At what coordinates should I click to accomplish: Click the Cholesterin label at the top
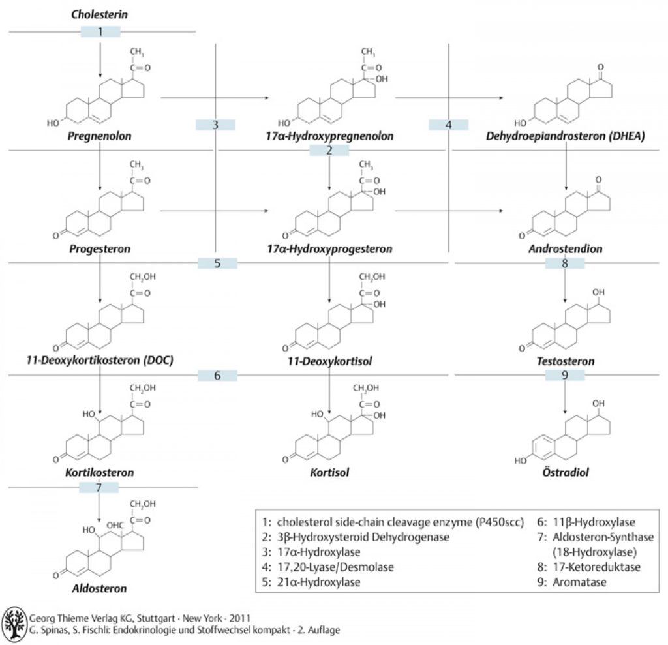99,14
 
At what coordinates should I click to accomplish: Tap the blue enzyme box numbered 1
100,31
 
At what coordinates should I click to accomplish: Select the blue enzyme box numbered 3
215,125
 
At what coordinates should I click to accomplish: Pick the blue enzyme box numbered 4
448,125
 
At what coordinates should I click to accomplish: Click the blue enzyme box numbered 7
99,487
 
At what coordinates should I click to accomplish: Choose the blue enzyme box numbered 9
565,376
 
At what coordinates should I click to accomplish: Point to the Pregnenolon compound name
99,136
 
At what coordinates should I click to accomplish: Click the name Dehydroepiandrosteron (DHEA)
566,136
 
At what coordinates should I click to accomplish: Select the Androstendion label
566,248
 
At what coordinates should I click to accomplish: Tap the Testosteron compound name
566,361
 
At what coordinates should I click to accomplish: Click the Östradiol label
566,472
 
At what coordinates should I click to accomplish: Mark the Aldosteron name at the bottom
99,588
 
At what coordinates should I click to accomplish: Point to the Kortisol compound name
329,472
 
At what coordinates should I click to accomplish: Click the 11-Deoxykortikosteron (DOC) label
100,361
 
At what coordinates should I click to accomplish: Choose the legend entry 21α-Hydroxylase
311,582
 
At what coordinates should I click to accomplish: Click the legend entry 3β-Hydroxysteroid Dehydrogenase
356,537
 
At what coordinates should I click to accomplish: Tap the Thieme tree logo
14,623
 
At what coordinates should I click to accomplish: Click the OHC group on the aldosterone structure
115,526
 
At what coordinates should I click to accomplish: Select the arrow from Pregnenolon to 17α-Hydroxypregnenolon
215,98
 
